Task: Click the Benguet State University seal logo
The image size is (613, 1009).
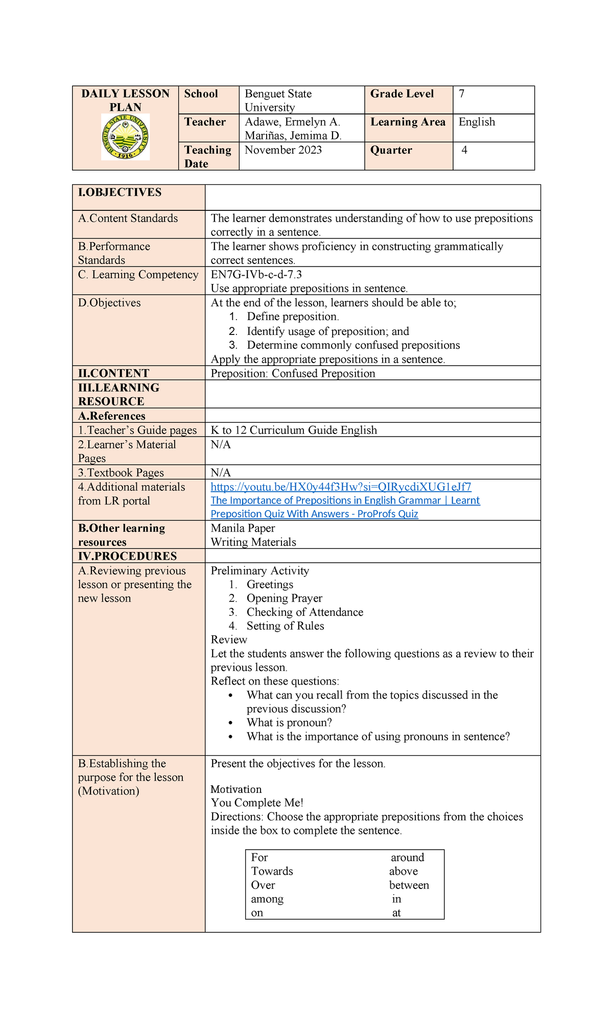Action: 125,137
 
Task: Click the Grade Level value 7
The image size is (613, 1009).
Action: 462,94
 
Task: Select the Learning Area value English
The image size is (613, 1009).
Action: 477,122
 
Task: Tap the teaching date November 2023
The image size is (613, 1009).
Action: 283,150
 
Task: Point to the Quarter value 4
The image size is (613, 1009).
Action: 464,150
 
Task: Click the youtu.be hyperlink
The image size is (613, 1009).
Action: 341,487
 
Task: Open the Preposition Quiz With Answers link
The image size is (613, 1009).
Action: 314,514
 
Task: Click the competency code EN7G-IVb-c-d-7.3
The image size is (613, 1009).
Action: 256,275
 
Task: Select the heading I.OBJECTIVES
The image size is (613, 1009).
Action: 120,193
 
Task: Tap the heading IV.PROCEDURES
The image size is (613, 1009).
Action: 127,556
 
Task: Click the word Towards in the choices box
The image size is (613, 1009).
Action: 272,871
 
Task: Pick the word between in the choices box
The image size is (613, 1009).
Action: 409,885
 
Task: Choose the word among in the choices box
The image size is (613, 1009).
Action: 267,899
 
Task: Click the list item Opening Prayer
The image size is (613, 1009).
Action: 284,598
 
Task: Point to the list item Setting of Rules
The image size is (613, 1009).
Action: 285,626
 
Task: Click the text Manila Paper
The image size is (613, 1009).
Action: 243,528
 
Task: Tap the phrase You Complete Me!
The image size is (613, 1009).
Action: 257,803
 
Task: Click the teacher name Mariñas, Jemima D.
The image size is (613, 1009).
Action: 293,136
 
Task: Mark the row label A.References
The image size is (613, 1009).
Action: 111,416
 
